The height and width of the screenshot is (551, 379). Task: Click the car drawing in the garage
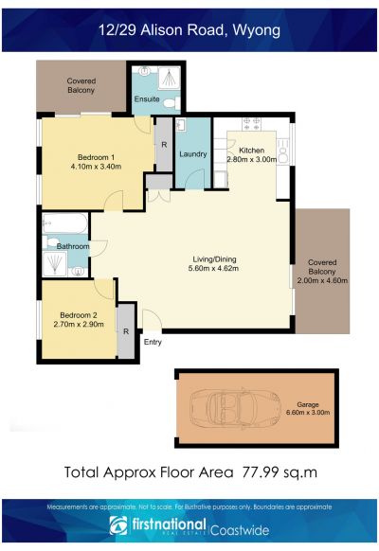click(235, 408)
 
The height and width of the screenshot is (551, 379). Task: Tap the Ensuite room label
click(147, 99)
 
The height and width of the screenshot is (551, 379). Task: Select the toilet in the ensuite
click(172, 103)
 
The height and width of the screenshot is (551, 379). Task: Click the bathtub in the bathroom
click(64, 222)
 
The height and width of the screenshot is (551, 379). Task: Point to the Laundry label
click(193, 154)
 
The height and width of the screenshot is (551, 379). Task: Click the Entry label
click(153, 342)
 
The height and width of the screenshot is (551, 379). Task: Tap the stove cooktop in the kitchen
click(251, 124)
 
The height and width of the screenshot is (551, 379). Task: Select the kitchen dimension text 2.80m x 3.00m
click(252, 159)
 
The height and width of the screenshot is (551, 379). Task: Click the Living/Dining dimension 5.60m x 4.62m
click(214, 269)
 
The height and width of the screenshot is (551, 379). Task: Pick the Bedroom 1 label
click(96, 157)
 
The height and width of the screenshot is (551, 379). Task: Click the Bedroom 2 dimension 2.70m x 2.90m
click(79, 325)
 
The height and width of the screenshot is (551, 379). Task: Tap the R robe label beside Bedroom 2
click(126, 331)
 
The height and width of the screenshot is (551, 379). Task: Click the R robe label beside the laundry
click(164, 145)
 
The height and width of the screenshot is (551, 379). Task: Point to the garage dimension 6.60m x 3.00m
click(308, 413)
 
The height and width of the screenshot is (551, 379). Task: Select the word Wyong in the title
click(257, 31)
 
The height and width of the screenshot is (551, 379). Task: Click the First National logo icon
click(118, 525)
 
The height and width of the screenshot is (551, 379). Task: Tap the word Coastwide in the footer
click(240, 530)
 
